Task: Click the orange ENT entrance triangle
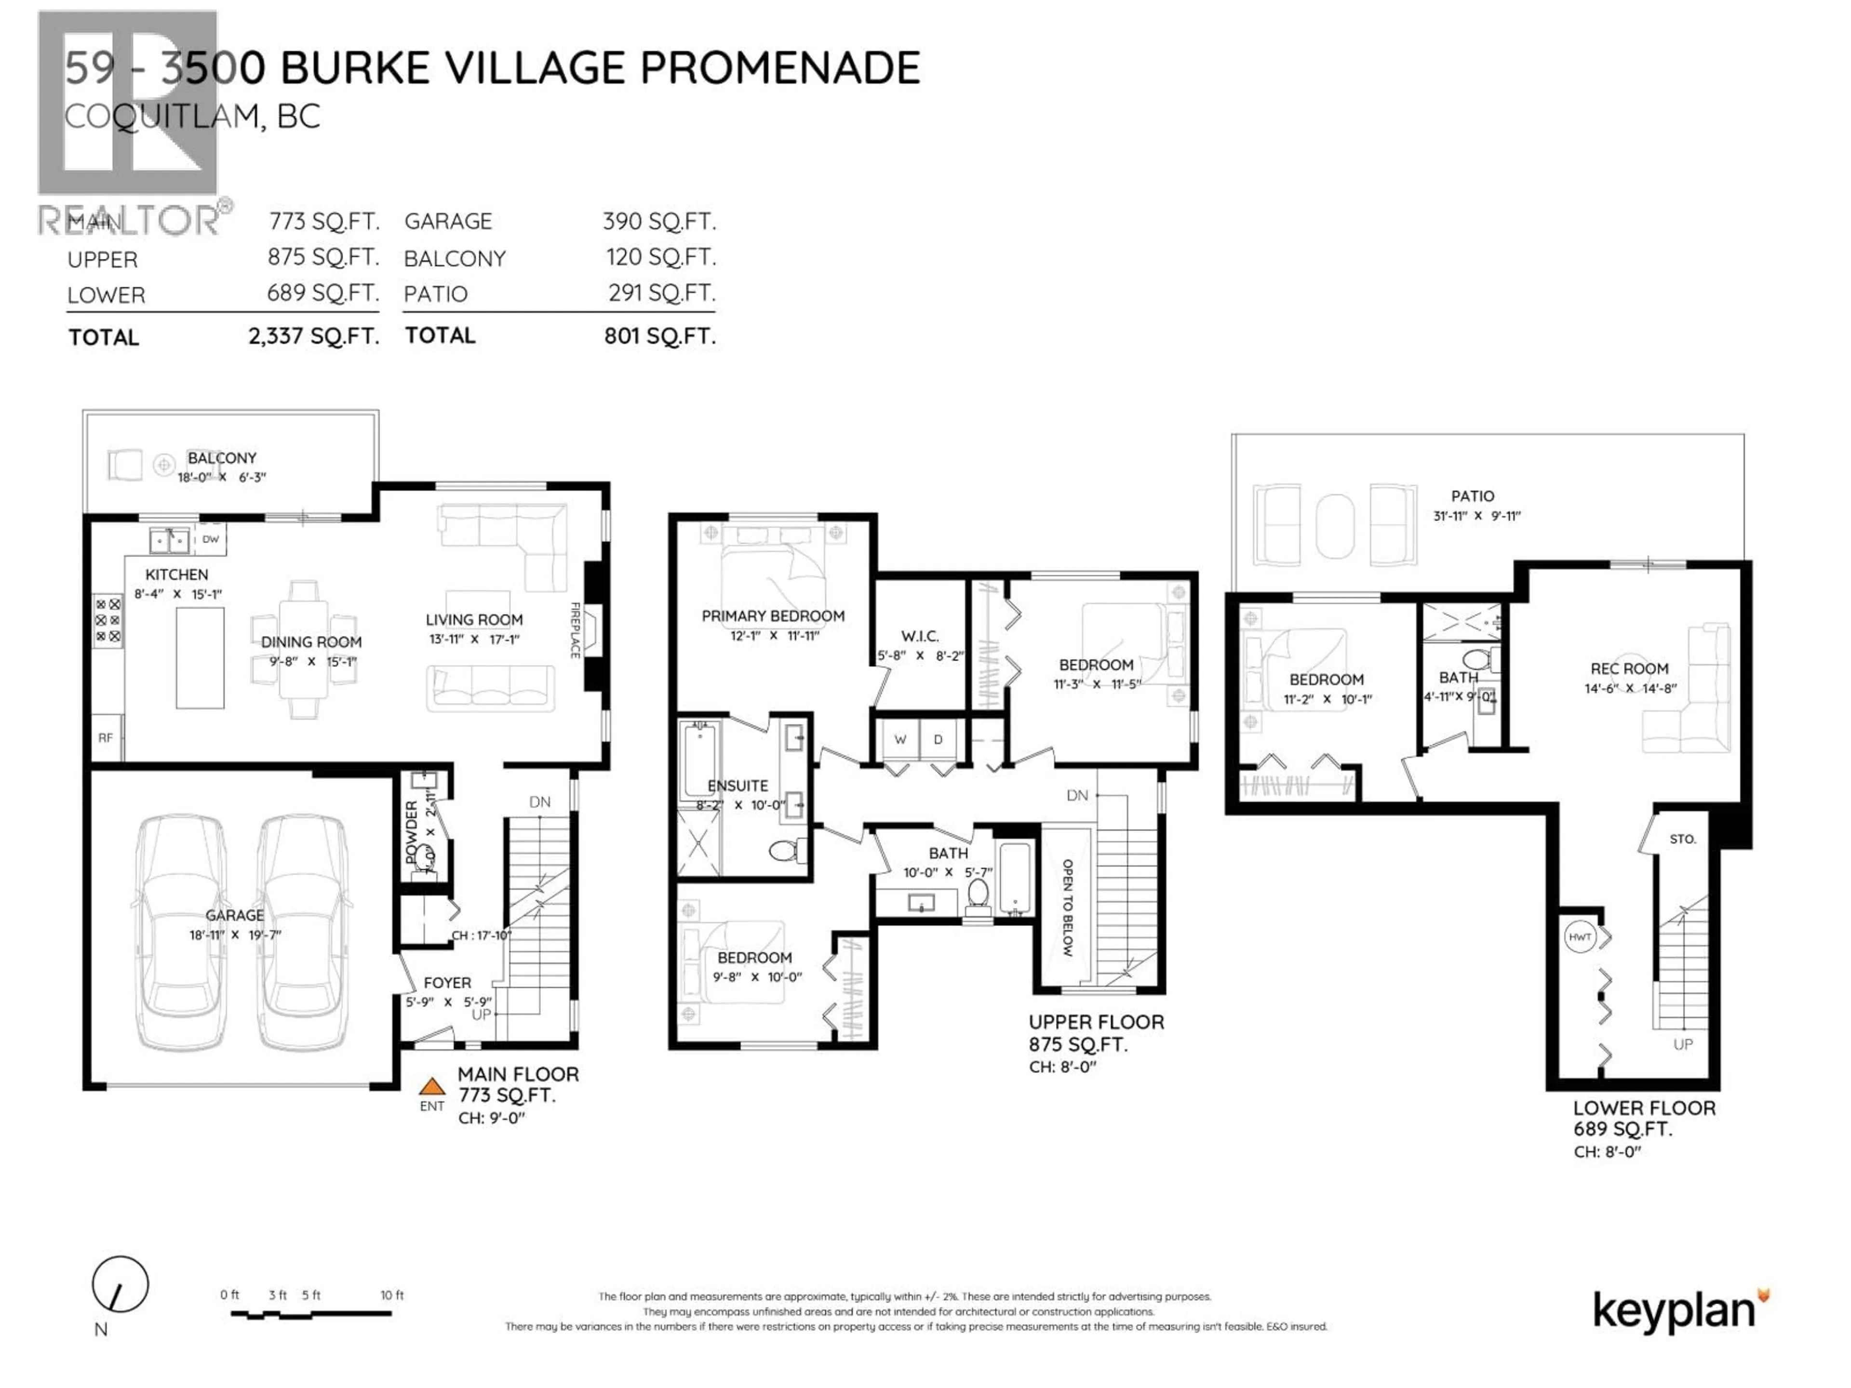432,1087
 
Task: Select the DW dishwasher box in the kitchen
211,540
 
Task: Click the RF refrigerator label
106,738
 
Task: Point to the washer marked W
900,740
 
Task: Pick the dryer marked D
938,740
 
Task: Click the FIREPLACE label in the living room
575,630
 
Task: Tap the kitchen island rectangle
200,658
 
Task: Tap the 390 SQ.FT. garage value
659,222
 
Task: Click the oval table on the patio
1335,526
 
